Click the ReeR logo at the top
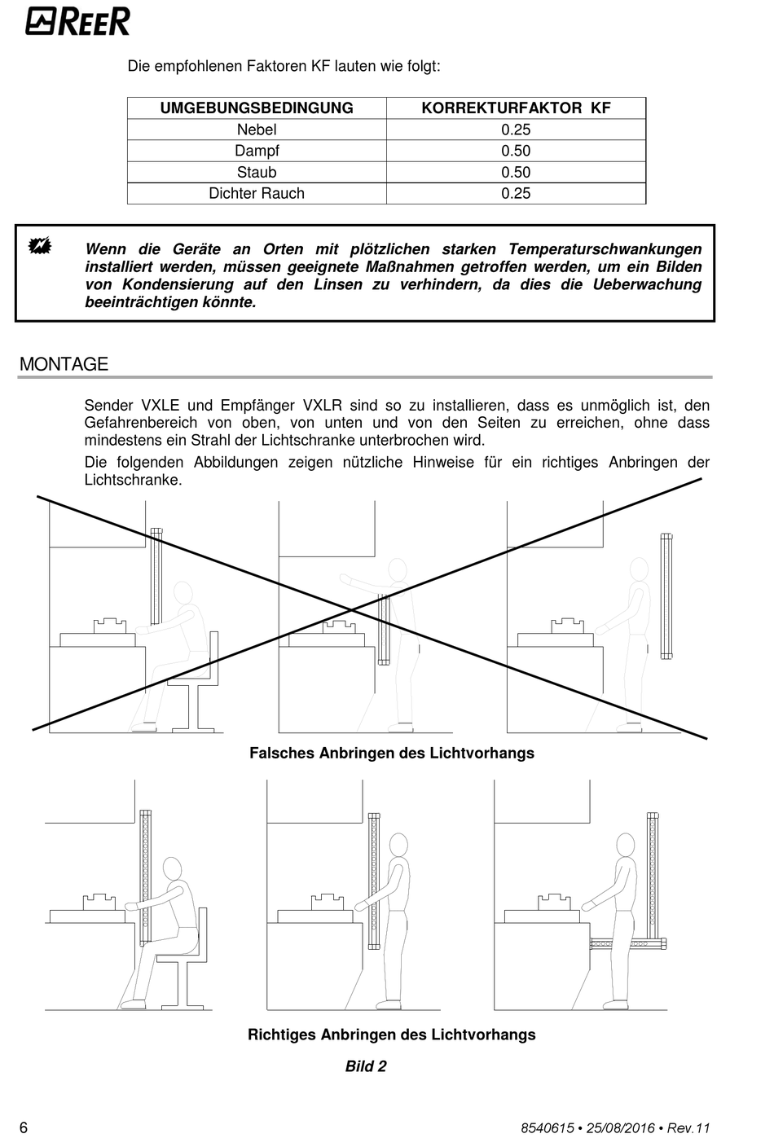click(77, 22)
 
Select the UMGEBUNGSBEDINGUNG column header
click(257, 108)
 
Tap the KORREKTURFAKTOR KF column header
click(516, 108)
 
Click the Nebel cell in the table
click(257, 130)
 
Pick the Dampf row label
click(257, 151)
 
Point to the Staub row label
click(257, 172)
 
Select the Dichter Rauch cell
click(257, 193)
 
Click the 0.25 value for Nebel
click(516, 130)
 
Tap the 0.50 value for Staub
click(516, 172)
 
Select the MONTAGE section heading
click(64, 364)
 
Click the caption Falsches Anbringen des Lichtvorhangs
click(391, 753)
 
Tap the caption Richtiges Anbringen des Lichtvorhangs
click(391, 1035)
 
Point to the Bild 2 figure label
click(366, 1066)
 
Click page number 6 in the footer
click(24, 1127)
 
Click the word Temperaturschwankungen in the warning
click(605, 249)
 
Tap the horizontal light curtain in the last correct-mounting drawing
click(627, 944)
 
